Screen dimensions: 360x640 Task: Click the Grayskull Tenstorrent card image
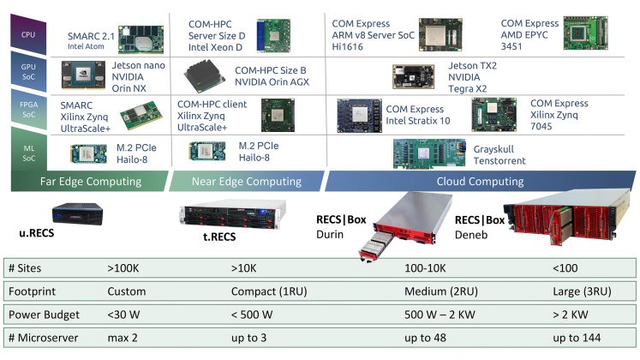(x=434, y=153)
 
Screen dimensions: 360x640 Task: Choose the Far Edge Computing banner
(x=90, y=182)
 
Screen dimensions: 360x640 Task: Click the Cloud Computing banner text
(x=479, y=182)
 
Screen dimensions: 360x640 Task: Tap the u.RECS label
(x=39, y=232)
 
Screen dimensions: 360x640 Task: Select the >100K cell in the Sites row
(x=125, y=267)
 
